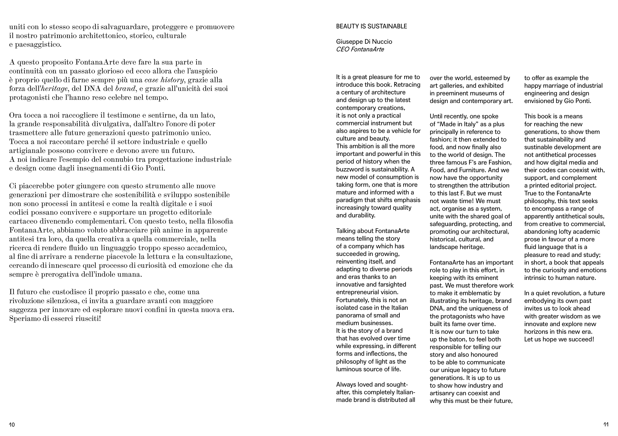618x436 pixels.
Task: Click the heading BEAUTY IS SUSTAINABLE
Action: point(372,26)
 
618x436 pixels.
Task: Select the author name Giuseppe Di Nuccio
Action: point(364,42)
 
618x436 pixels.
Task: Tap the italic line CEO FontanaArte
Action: point(360,49)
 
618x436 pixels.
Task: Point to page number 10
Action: point(12,425)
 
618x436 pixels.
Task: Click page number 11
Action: point(606,425)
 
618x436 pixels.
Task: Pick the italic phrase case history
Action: point(164,80)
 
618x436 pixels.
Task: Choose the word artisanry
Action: point(442,393)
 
